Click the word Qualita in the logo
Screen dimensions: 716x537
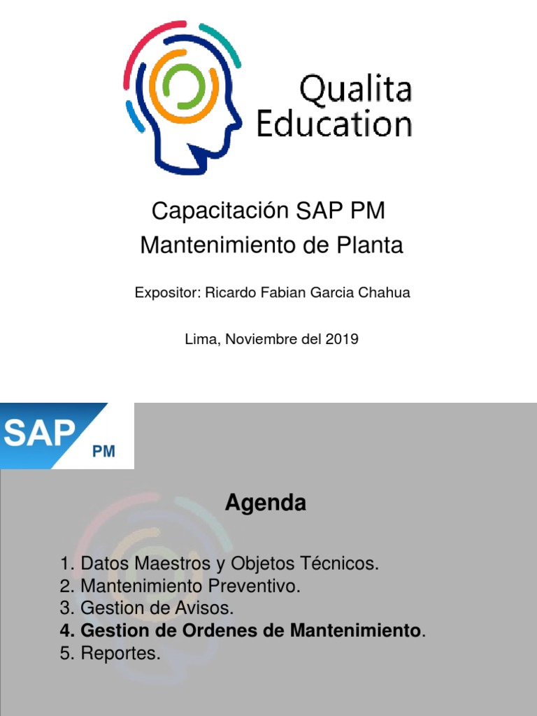pyautogui.click(x=355, y=92)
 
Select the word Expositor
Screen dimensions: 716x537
pyautogui.click(x=165, y=293)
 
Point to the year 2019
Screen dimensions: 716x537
pyautogui.click(x=343, y=340)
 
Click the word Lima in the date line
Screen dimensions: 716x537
pyautogui.click(x=200, y=340)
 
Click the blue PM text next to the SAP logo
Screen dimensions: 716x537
pyautogui.click(x=103, y=452)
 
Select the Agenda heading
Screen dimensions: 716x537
pyautogui.click(x=265, y=503)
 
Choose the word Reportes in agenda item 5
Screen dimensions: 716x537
pyautogui.click(x=120, y=654)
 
